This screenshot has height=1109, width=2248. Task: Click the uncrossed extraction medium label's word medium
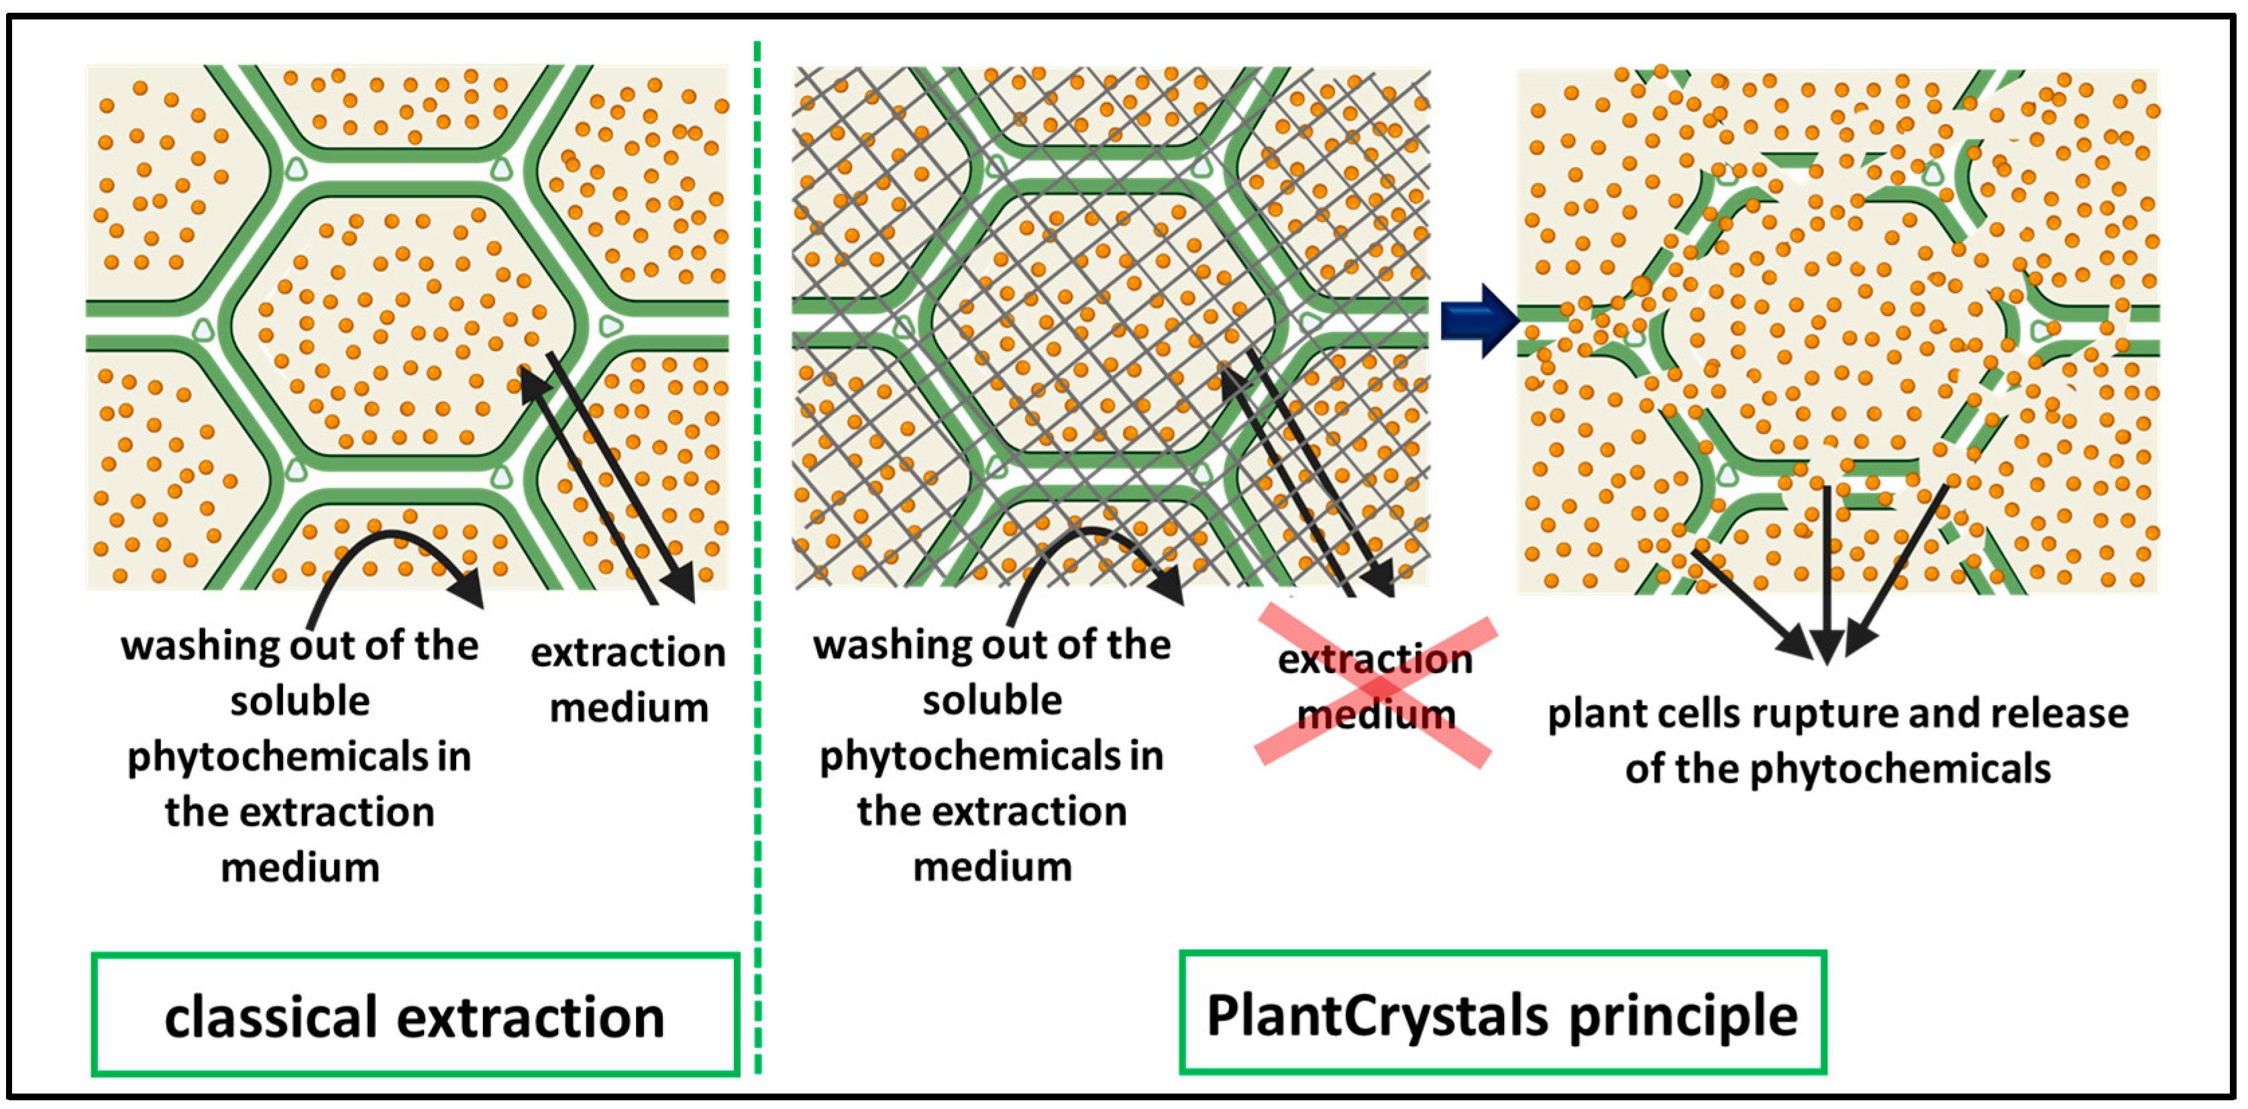[629, 708]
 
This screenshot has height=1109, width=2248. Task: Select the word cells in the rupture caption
[1694, 715]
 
